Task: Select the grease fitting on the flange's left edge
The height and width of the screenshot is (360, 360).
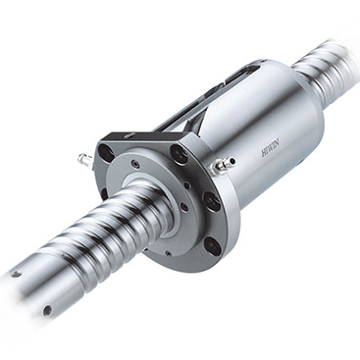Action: pos(84,157)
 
